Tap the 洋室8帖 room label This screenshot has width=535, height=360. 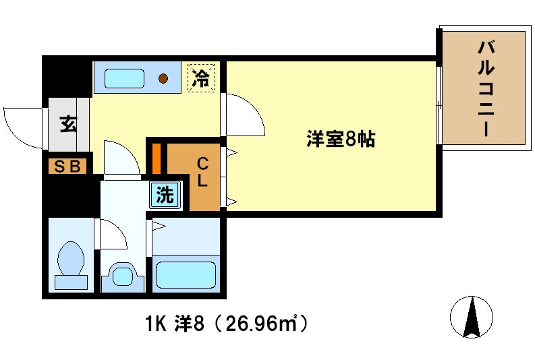(x=341, y=140)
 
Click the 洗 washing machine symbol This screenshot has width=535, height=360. (x=165, y=196)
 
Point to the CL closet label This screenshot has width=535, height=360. (x=202, y=173)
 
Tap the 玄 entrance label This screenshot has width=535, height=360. (x=68, y=125)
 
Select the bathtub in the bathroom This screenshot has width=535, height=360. (x=186, y=275)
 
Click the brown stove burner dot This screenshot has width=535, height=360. (x=164, y=78)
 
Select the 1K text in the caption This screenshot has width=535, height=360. (x=155, y=324)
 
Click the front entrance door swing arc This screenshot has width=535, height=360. (x=20, y=125)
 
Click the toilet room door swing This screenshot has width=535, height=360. (x=112, y=234)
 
